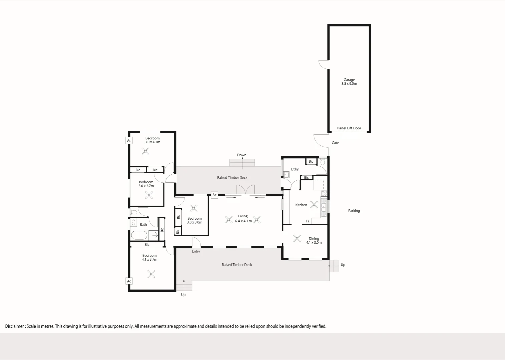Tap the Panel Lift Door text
349,128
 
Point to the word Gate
335,143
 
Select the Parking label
354,211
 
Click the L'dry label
295,169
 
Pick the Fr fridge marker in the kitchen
308,221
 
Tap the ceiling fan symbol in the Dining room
297,238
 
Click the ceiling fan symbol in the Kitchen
314,204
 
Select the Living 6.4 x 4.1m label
243,219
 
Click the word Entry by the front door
196,251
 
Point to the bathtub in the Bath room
139,235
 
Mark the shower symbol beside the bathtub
154,235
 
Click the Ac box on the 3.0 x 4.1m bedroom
129,141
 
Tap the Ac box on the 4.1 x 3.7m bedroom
129,281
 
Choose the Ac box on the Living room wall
214,195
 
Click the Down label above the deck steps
241,155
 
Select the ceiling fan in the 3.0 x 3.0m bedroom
193,208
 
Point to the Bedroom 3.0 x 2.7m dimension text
146,186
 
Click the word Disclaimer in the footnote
14,326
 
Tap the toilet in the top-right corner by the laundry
323,162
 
